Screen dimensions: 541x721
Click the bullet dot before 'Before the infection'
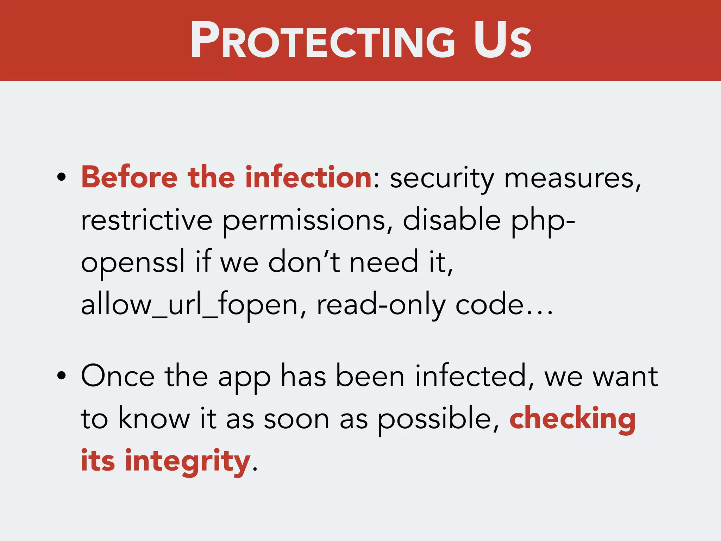click(61, 178)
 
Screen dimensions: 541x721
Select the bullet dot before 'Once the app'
click(61, 376)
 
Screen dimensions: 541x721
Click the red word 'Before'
click(129, 178)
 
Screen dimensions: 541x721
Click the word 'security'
click(442, 179)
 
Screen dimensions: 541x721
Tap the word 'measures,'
click(572, 179)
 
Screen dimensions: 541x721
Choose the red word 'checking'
click(572, 419)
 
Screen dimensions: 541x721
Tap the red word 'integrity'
click(187, 461)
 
